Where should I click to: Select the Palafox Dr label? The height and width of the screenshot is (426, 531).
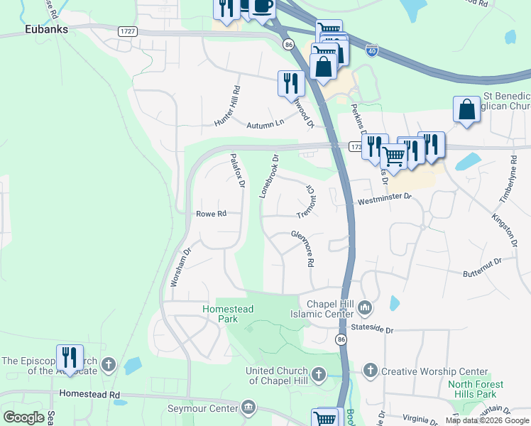[237, 170]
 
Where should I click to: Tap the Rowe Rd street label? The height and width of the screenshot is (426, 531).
[211, 213]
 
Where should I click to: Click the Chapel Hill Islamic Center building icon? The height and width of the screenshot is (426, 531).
[366, 307]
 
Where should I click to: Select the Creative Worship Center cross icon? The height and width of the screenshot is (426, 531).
[371, 370]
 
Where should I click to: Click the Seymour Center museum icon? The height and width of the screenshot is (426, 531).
[248, 407]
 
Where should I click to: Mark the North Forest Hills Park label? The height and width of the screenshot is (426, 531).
[475, 389]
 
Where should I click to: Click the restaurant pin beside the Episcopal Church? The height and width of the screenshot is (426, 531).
[70, 356]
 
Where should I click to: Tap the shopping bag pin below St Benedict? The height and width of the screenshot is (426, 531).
[466, 110]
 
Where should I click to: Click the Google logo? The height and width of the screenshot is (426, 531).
[23, 417]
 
